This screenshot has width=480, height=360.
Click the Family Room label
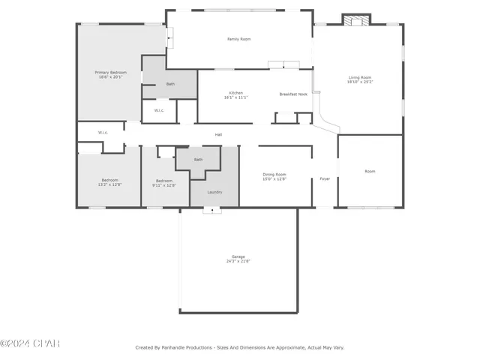[238, 38]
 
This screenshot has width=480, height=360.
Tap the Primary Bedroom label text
[110, 72]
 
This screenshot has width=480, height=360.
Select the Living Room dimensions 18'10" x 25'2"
[359, 82]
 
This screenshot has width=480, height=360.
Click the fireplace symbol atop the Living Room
[356, 20]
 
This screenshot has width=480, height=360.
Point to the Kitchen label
[235, 93]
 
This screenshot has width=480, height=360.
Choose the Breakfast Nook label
[293, 94]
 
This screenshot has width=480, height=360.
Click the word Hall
[218, 135]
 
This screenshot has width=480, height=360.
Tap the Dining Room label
[274, 174]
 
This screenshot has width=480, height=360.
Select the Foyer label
[325, 178]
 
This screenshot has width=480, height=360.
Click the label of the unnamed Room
[370, 171]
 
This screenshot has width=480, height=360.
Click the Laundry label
[214, 192]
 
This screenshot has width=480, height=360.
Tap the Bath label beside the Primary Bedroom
[170, 84]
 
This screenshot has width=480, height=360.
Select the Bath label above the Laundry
[198, 160]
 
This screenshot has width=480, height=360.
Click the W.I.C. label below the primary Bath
[159, 110]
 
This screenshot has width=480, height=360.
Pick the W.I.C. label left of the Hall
[103, 133]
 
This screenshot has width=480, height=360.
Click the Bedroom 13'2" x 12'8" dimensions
[111, 184]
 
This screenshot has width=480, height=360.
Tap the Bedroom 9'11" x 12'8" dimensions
[165, 184]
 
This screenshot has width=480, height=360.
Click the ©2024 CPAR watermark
[30, 344]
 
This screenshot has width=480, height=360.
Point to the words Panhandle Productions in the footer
[185, 347]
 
